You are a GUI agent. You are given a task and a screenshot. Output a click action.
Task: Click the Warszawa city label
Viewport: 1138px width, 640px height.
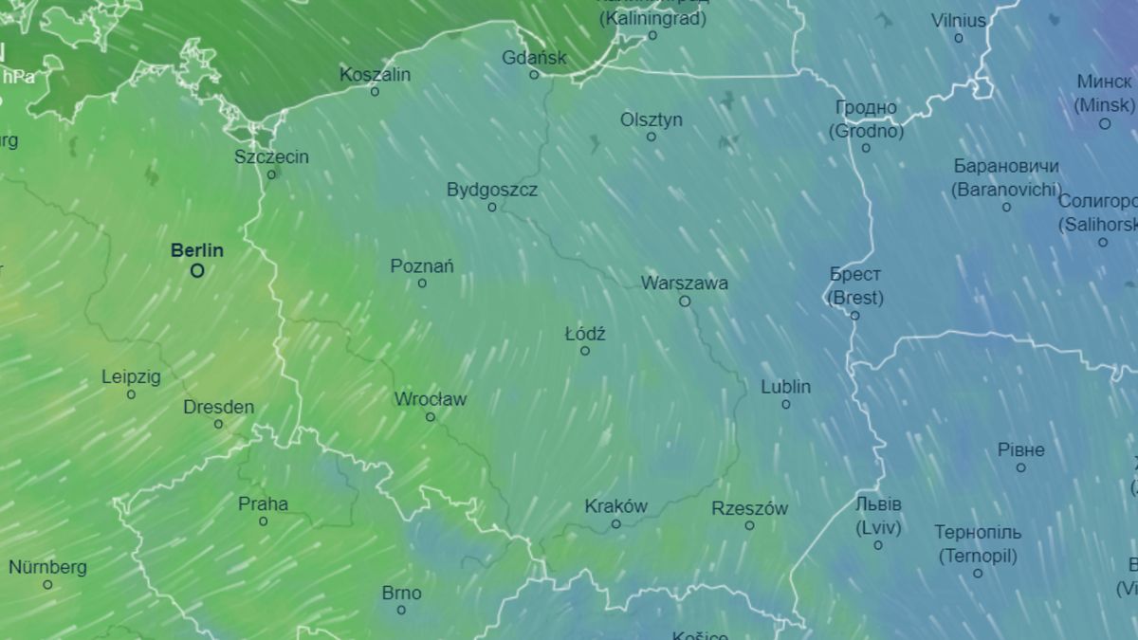tap(684, 283)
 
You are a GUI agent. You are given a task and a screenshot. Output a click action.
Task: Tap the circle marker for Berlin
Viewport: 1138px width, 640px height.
tap(197, 271)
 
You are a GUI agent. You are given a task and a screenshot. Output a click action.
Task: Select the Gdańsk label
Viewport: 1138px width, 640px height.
tap(534, 57)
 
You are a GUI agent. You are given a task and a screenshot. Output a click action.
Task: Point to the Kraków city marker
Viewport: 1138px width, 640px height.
tap(615, 524)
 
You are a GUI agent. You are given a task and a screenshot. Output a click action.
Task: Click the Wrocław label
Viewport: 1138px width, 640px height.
tap(430, 399)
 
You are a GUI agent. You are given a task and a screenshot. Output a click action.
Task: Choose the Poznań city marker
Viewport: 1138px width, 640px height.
tap(422, 283)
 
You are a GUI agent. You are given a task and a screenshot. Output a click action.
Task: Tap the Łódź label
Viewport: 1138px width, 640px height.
tap(584, 334)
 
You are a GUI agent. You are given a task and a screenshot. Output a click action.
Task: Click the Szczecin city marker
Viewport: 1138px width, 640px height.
tap(271, 174)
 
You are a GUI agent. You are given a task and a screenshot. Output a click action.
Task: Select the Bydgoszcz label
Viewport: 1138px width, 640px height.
tap(491, 190)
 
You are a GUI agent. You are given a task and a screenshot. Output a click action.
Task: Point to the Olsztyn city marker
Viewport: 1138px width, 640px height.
tap(651, 137)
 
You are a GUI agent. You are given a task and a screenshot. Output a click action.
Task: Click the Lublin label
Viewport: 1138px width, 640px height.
tap(785, 387)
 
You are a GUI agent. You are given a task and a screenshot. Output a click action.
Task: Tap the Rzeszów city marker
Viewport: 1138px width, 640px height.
tap(749, 525)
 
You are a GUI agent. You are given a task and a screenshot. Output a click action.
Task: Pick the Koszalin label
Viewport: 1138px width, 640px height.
tap(375, 74)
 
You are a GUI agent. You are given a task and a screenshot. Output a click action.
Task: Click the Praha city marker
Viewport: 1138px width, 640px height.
tap(263, 521)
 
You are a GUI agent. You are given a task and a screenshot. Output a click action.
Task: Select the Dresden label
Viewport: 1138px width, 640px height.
tap(218, 407)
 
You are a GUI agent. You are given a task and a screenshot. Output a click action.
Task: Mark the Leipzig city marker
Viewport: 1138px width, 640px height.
tap(131, 394)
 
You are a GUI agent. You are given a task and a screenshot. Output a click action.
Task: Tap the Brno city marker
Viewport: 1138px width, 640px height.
tap(401, 610)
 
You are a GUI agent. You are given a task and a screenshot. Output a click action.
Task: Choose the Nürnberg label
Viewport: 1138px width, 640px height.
tap(47, 567)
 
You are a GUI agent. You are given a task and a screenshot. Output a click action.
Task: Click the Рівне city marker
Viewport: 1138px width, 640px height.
tap(1020, 467)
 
